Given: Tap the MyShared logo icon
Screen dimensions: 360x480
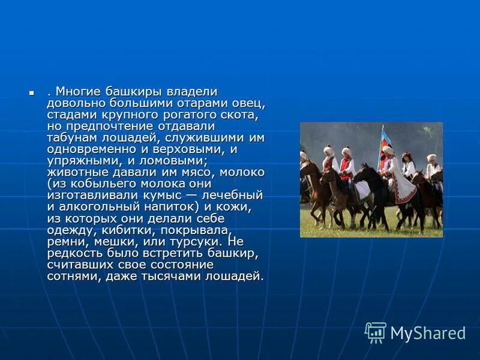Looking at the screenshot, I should pos(376,332).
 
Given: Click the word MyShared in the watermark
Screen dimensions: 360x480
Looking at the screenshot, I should pos(428,333).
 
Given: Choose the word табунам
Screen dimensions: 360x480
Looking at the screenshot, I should pos(73,138).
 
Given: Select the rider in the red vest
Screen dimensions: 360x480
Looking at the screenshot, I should pos(347,167).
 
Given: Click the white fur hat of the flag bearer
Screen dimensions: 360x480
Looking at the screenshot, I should pos(388,150).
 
